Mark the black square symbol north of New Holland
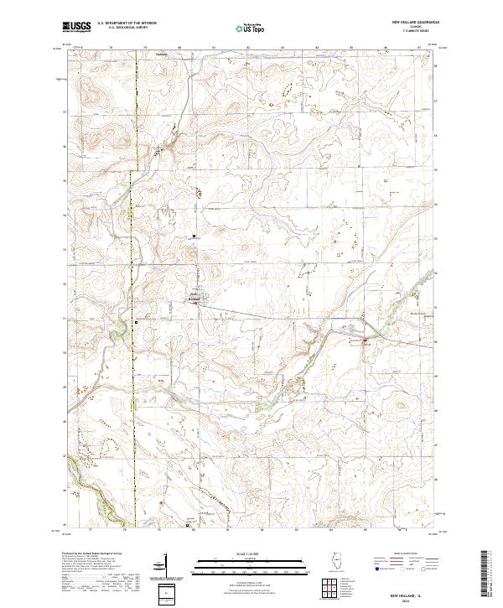[x=194, y=236]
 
